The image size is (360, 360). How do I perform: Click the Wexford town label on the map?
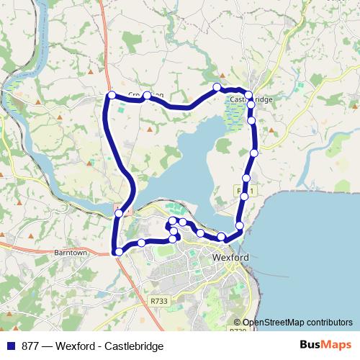[x=231, y=257]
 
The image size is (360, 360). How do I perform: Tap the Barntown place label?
[x=70, y=253]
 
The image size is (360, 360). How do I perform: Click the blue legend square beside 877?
[x=9, y=346]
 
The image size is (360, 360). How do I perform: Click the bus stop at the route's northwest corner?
[x=112, y=95]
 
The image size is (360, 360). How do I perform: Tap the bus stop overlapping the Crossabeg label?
[x=147, y=96]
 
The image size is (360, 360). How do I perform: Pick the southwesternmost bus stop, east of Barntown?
[x=118, y=251]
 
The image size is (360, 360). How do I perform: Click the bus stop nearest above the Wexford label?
[x=221, y=238]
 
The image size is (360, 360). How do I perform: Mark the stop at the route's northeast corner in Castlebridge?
[x=248, y=94]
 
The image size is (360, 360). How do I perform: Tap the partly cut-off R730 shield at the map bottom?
[x=238, y=330]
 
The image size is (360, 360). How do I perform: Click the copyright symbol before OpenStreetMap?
[x=237, y=323]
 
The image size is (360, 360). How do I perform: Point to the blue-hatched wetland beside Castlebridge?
[x=235, y=115]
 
